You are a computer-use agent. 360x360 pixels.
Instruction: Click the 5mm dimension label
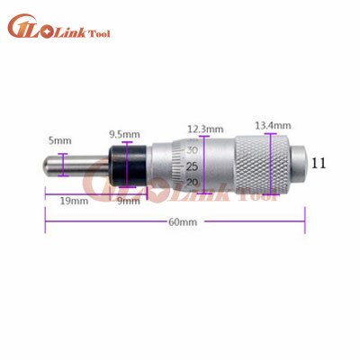(57, 139)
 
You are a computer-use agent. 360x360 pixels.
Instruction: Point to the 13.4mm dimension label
(273, 125)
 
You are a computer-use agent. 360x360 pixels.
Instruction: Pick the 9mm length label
(129, 201)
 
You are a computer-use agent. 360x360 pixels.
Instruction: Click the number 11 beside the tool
(318, 163)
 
